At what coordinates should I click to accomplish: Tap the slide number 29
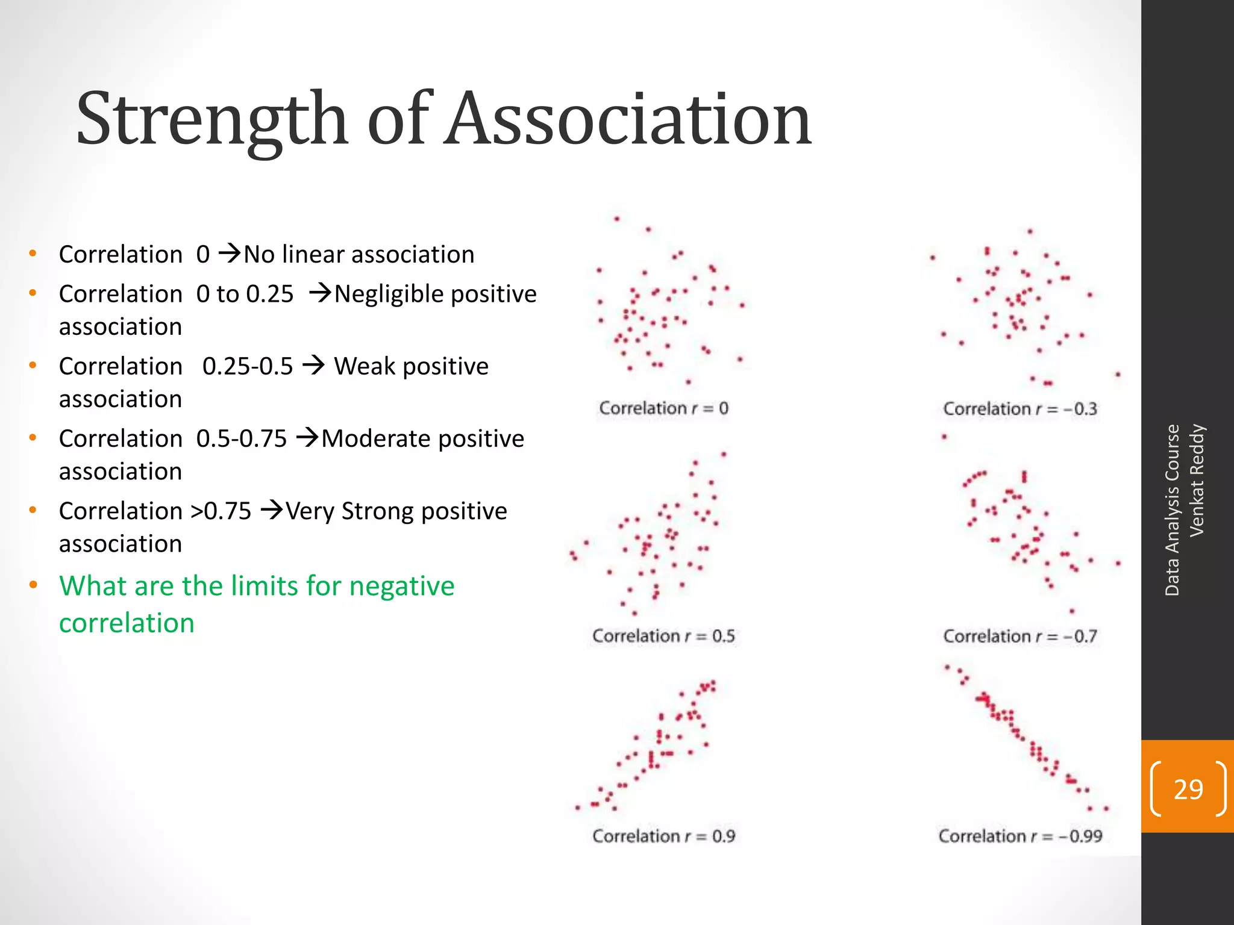1188,789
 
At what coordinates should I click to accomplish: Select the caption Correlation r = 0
663,408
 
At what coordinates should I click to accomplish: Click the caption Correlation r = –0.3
1019,409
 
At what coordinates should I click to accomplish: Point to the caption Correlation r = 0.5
663,636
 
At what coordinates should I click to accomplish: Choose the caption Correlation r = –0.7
1019,636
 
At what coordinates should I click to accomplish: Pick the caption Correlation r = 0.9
663,836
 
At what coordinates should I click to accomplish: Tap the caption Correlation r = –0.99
1019,836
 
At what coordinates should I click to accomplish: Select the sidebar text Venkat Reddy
1197,480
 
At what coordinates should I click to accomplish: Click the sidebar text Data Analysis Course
1172,510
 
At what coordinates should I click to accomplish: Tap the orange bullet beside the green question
33,585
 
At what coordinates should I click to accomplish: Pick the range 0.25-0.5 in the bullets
247,366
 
